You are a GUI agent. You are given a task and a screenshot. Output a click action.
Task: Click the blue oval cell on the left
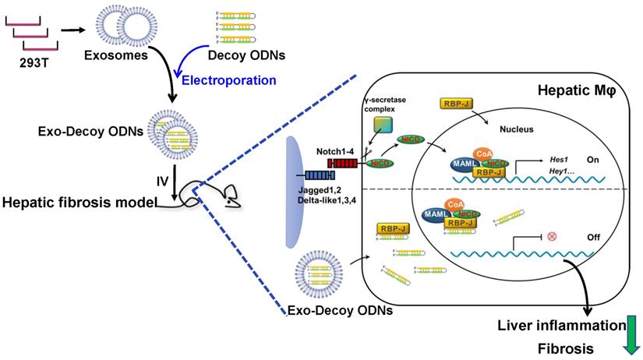point(295,192)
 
